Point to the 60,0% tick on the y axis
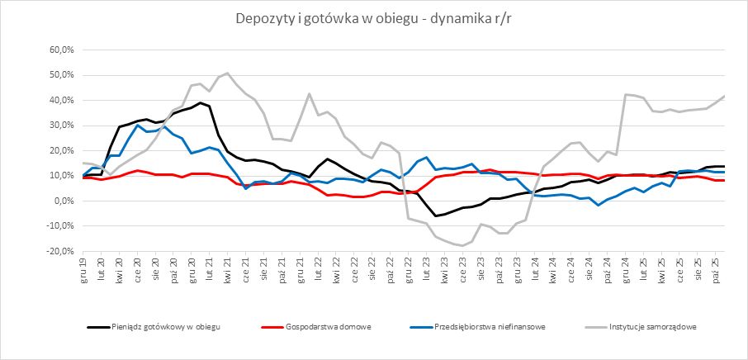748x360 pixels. coord(61,50)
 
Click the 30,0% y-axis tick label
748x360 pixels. coord(61,125)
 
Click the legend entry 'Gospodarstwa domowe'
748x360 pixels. coord(326,326)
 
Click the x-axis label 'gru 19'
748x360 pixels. coord(83,268)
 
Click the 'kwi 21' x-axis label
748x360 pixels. coord(227,268)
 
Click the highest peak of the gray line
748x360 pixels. coord(227,73)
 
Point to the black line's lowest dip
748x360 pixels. coord(436,216)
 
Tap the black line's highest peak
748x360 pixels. coord(201,103)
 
